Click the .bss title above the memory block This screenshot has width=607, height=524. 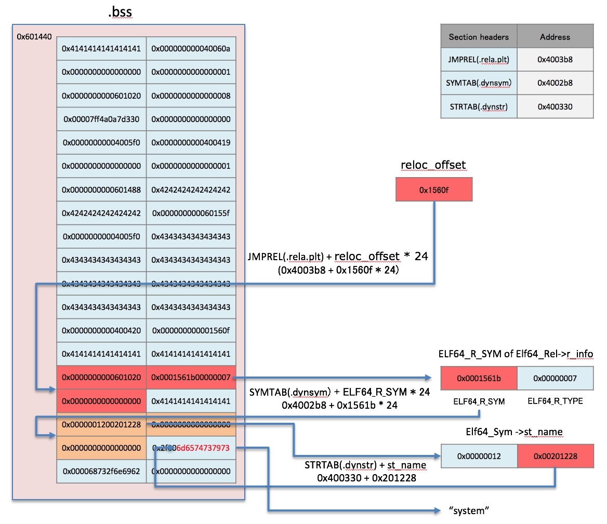(121, 12)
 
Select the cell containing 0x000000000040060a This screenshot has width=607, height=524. (191, 49)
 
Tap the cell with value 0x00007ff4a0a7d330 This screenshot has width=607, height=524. (101, 119)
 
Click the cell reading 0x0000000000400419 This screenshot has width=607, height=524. (191, 143)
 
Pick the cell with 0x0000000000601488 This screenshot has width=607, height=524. (101, 190)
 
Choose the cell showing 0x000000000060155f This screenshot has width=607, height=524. (191, 213)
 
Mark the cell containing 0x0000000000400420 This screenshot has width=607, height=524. (101, 330)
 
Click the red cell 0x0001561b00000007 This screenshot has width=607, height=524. (191, 378)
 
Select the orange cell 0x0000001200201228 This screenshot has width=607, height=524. (101, 424)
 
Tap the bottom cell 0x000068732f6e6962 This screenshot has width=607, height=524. (101, 471)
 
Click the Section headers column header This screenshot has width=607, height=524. (479, 37)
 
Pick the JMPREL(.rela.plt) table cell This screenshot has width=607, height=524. (479, 60)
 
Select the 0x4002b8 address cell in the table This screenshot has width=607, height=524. (555, 83)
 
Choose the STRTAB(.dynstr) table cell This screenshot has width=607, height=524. (479, 106)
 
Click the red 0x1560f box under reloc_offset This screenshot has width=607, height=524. (433, 190)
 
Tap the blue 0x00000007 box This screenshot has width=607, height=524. (555, 378)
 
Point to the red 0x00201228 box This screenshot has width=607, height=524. (555, 456)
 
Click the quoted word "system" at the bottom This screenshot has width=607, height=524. (469, 510)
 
